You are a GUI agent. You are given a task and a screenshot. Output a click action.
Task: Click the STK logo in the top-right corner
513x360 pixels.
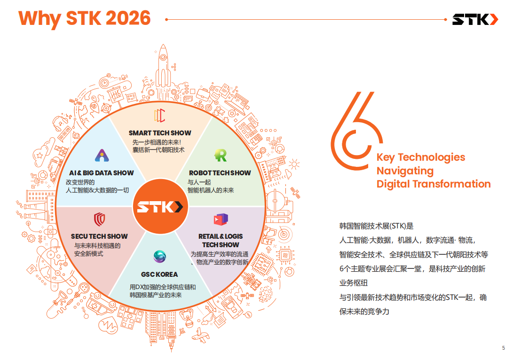[x=475, y=19]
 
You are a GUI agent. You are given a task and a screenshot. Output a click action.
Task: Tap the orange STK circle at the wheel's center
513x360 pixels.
[x=160, y=206]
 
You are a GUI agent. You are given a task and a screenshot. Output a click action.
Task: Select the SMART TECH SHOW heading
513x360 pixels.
[x=160, y=133]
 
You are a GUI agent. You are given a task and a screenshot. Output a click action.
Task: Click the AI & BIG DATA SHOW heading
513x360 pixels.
[x=102, y=172]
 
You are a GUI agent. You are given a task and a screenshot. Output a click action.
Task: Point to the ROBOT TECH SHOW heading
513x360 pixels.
[x=220, y=172]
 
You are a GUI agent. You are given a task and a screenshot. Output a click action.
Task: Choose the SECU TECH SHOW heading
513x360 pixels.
[x=99, y=236]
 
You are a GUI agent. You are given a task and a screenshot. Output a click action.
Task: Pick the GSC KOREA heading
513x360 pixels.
[x=159, y=274]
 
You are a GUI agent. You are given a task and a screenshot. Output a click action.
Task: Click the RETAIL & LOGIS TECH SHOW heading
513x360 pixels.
[x=221, y=240]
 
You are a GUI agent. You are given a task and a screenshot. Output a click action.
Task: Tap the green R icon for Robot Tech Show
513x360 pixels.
[x=221, y=155]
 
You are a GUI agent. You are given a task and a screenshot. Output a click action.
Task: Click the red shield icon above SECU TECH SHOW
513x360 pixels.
[x=100, y=219]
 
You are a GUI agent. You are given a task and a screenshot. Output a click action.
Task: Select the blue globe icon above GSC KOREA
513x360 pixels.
[x=160, y=257]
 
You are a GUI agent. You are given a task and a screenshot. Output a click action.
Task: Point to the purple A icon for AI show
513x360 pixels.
[x=102, y=155]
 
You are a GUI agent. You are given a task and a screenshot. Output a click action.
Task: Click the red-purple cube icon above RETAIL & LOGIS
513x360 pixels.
[x=221, y=219]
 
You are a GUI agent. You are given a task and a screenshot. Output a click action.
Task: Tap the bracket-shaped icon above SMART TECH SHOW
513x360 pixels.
[x=160, y=116]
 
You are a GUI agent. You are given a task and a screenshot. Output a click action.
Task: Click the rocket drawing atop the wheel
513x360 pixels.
[x=163, y=70]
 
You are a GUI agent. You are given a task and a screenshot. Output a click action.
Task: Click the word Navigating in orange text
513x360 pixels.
[x=405, y=171]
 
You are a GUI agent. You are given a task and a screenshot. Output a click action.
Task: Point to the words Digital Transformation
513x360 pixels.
[x=434, y=184]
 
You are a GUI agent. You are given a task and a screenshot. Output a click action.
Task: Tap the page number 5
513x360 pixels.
[x=504, y=348]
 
